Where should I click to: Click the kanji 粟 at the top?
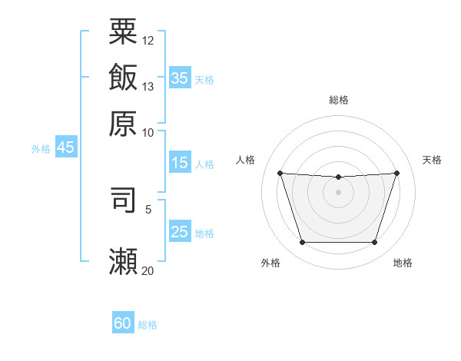[x=123, y=31]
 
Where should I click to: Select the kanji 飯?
[x=123, y=77]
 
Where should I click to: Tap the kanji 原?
[x=123, y=124]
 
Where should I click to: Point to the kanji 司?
[x=123, y=200]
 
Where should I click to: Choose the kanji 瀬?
[x=123, y=261]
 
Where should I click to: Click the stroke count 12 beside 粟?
[x=148, y=41]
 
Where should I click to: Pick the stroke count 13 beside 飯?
[x=148, y=87]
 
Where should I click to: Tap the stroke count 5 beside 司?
[x=148, y=210]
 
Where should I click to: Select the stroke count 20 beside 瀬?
[x=148, y=270]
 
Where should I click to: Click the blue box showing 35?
[x=180, y=78]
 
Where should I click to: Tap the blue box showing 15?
[x=180, y=162]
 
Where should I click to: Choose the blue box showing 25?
[x=180, y=230]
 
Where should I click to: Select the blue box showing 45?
[x=66, y=147]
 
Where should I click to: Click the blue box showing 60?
[x=123, y=322]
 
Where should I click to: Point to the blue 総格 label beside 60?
[x=148, y=325]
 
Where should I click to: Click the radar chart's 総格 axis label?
[x=339, y=100]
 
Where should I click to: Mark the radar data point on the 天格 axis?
[x=396, y=173]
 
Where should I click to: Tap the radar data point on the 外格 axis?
[x=303, y=242]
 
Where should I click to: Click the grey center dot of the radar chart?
[x=338, y=192]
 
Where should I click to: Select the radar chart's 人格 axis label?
[x=245, y=160]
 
